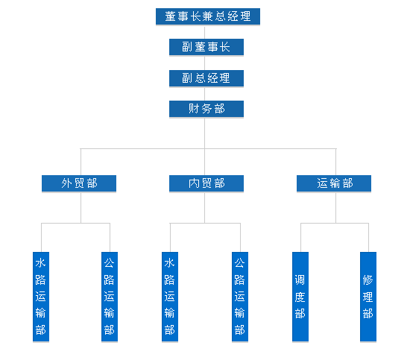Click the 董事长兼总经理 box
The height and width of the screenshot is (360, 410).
(208, 16)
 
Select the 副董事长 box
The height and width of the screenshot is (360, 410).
(206, 47)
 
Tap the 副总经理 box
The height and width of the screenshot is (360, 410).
(206, 78)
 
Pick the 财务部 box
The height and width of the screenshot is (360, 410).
(206, 109)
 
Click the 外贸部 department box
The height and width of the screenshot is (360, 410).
(79, 183)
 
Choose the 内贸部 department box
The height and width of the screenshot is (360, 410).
(206, 183)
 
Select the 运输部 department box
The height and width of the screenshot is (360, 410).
(334, 183)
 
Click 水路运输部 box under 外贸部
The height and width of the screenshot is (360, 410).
(41, 297)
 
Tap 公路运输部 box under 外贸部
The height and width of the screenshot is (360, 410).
(110, 297)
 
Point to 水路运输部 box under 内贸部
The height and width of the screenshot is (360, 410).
(170, 297)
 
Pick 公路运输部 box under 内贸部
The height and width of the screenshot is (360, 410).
(240, 297)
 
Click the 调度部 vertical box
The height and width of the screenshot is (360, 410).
(300, 297)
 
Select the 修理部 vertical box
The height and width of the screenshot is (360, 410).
(368, 297)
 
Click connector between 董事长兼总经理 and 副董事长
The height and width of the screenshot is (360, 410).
(204, 32)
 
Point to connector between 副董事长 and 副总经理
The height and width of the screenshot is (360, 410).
(204, 63)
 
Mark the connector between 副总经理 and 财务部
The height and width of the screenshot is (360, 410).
(204, 94)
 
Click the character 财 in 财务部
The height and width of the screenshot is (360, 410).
(194, 109)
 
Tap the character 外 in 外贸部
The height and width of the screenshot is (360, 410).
(66, 183)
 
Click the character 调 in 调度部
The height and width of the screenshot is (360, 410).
(300, 280)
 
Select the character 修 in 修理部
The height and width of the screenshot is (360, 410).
(368, 280)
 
